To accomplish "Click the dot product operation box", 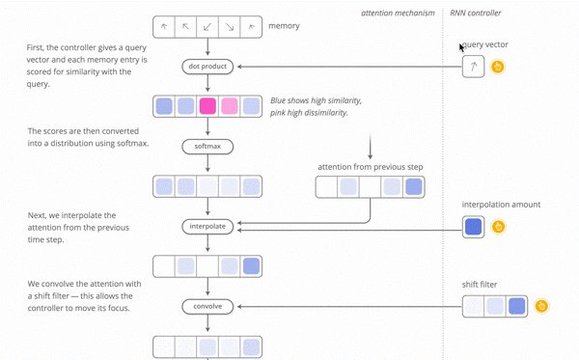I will (207, 67).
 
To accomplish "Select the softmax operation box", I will (207, 147).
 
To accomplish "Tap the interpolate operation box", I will (207, 226).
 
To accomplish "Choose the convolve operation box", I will (207, 306).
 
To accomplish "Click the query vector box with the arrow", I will (473, 67).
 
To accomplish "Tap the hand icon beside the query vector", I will (498, 67).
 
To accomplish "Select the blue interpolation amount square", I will (473, 227).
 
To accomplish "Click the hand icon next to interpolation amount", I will (498, 227).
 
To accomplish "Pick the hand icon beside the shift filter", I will (542, 306).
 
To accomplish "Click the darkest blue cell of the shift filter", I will (516, 306).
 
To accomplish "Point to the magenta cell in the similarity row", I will (207, 106).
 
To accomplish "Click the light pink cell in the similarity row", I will (230, 106).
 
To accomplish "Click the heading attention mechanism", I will (398, 14).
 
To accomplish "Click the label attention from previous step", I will (370, 167).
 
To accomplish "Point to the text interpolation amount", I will (501, 205).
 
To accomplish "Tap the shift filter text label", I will (482, 285).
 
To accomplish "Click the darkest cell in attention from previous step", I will (413, 187).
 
